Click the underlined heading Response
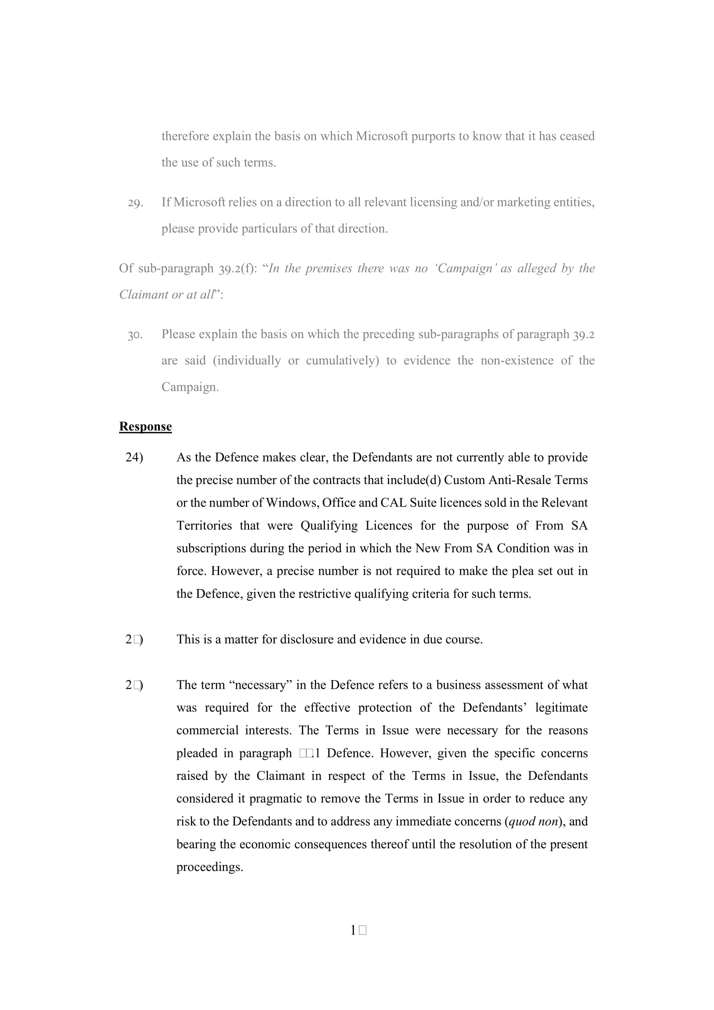click(145, 426)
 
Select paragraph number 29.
click(135, 203)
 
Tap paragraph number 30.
click(135, 335)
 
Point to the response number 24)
click(134, 457)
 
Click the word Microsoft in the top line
click(382, 136)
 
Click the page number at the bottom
click(358, 931)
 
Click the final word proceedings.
click(209, 867)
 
